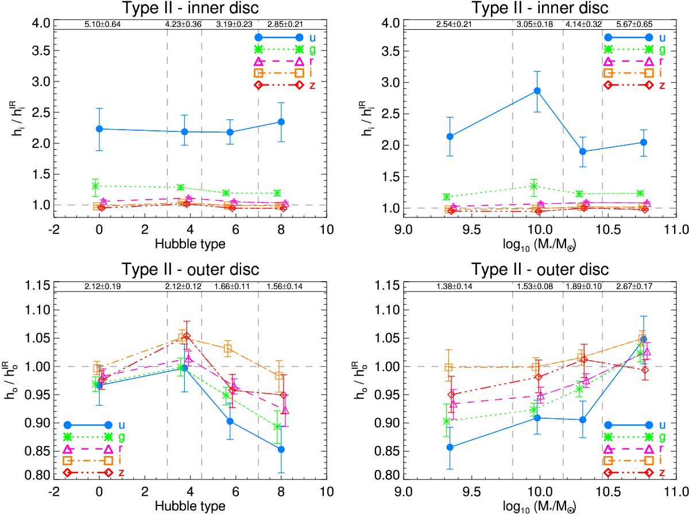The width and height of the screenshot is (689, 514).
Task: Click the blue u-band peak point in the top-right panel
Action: (537, 91)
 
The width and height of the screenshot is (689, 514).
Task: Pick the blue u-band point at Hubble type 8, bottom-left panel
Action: (281, 449)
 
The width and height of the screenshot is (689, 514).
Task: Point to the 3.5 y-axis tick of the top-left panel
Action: (38, 51)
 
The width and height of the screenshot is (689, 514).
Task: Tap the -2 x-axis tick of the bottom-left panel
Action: (53, 492)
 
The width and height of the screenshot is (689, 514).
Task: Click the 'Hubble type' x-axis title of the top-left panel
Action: (190, 243)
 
